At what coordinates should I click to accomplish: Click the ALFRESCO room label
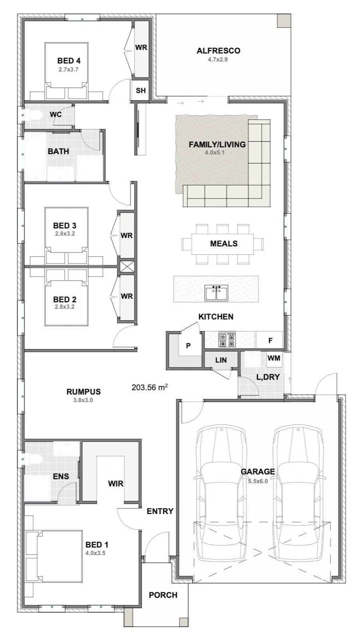tap(218, 51)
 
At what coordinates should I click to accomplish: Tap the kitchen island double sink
tap(216, 293)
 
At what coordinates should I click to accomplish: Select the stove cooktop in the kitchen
tap(227, 339)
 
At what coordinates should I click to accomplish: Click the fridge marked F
tap(269, 340)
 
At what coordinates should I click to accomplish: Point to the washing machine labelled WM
tap(274, 358)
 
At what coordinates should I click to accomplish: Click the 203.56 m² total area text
tap(149, 387)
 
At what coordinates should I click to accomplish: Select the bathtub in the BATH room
tap(35, 156)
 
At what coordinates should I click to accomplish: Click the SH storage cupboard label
tap(140, 90)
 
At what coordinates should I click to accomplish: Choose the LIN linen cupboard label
tap(221, 360)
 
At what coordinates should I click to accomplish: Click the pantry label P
tap(188, 346)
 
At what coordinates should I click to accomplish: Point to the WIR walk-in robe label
tap(116, 484)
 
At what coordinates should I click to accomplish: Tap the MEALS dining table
tap(222, 244)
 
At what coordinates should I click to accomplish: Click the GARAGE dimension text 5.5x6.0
tap(258, 481)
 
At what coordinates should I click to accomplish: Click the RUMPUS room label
tap(83, 392)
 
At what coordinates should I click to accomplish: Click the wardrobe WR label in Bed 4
tap(141, 48)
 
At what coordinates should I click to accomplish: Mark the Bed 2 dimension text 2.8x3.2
tap(65, 307)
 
